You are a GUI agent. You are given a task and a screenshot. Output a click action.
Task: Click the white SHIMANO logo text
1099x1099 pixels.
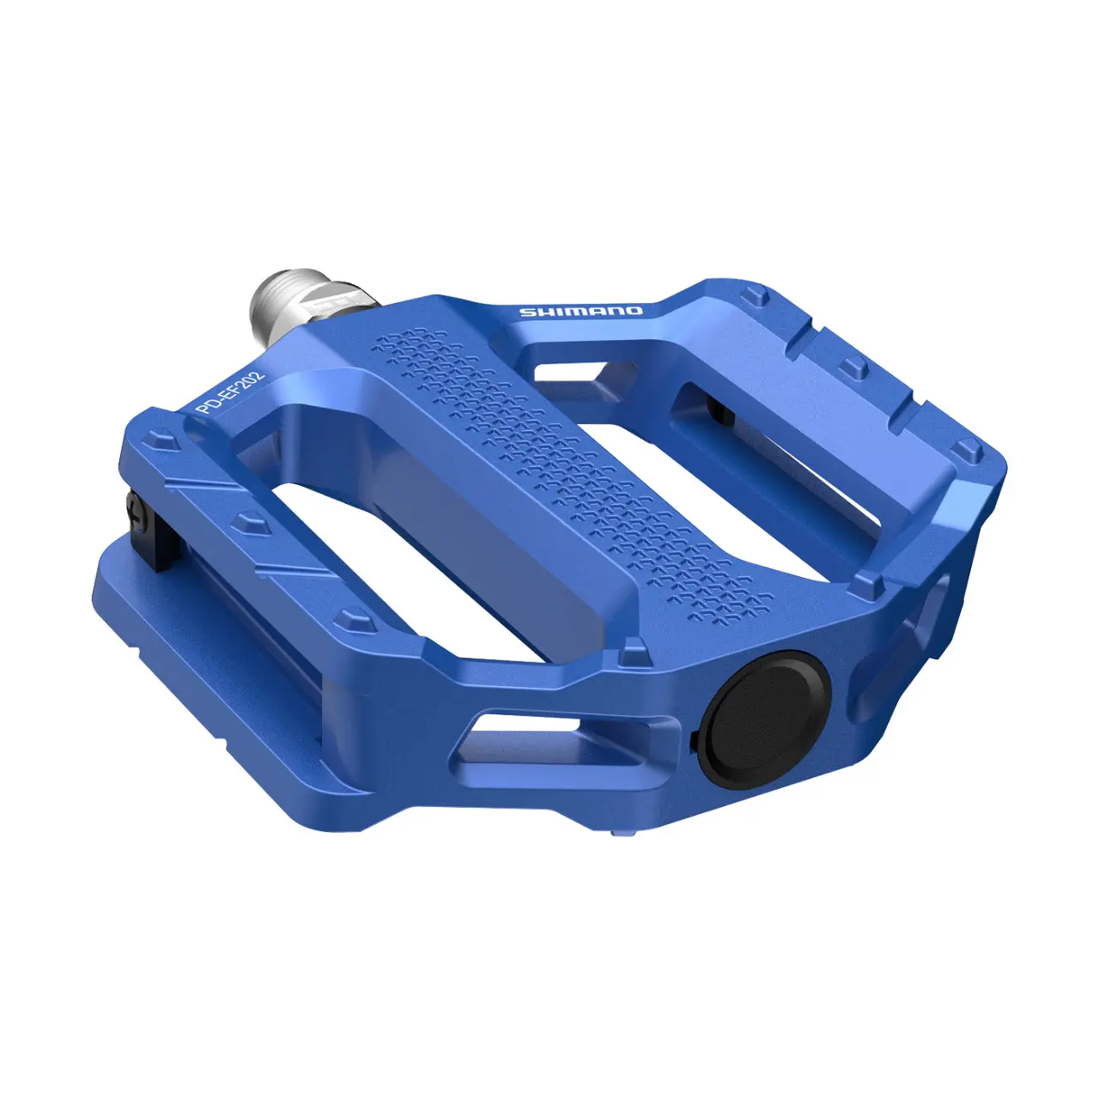[580, 311]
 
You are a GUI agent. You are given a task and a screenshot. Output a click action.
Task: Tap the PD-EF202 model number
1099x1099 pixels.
[231, 393]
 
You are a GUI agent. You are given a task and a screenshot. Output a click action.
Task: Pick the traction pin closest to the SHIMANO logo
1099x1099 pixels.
[755, 296]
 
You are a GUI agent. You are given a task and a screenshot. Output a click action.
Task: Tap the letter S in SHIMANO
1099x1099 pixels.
[525, 313]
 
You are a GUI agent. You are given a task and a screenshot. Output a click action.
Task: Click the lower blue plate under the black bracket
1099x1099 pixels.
[197, 653]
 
